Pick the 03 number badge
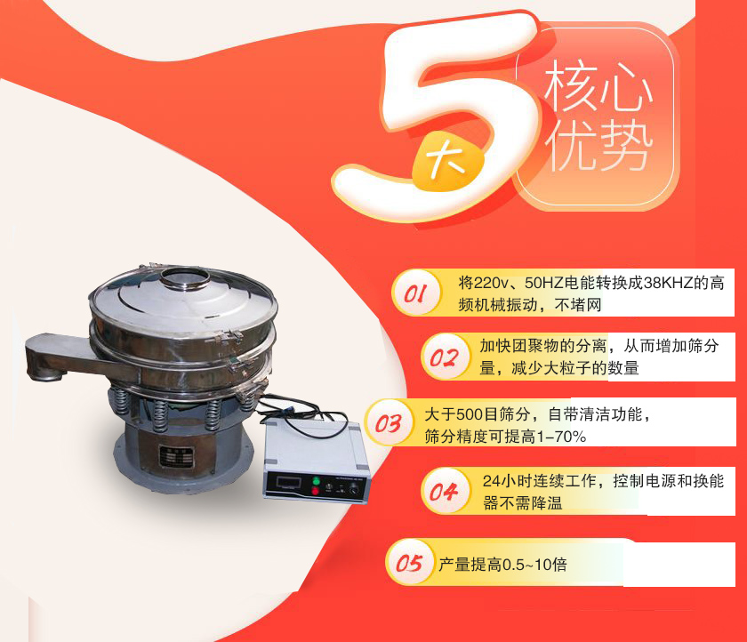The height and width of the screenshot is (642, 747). click(388, 424)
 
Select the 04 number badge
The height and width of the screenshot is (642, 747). click(443, 492)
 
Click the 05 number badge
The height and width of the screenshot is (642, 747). click(408, 563)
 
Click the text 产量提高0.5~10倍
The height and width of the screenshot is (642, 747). click(502, 565)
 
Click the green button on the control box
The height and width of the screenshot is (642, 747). click(313, 483)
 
